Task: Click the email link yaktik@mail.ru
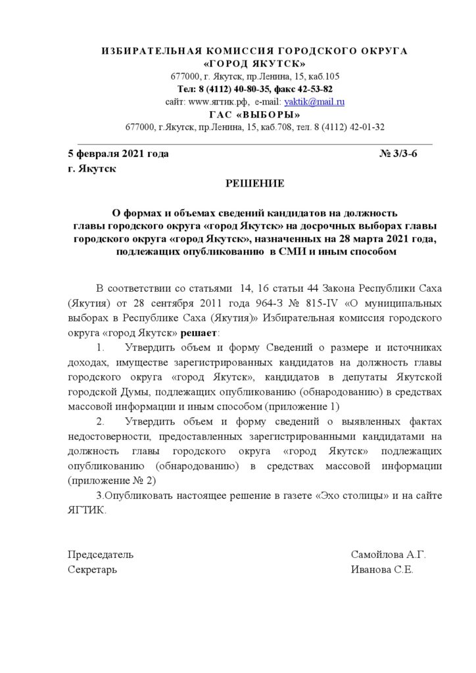314,102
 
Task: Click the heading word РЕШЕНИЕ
255,183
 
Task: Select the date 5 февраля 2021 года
118,154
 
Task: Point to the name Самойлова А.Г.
389,555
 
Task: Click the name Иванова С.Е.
382,570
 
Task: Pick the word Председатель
101,555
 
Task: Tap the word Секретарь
93,570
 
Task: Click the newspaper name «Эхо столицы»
346,495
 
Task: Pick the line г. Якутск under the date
92,169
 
